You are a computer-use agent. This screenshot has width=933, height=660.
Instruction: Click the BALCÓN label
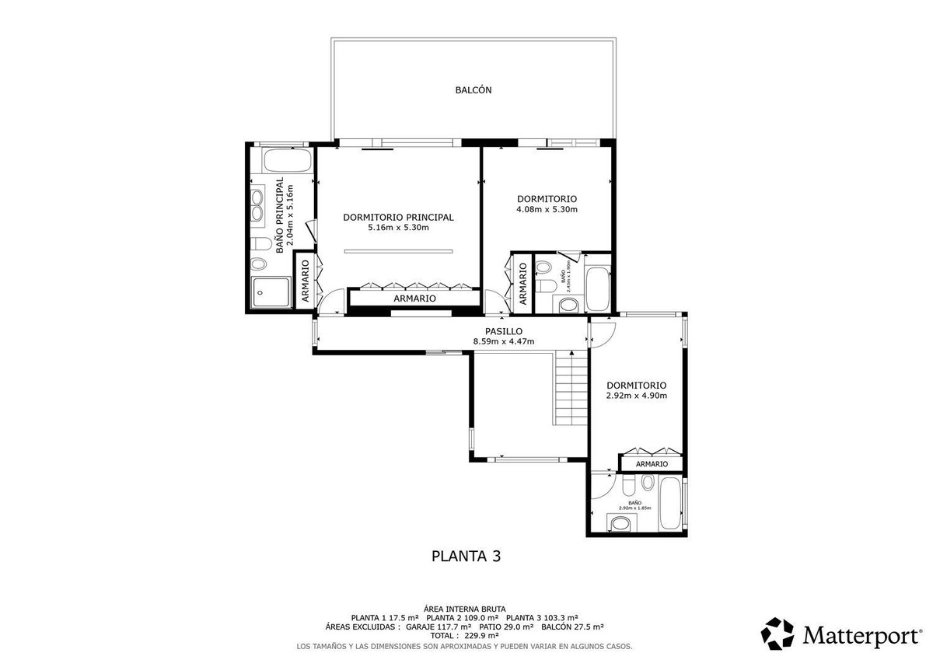click(x=473, y=90)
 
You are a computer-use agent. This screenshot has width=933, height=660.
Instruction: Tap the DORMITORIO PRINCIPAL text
click(x=398, y=218)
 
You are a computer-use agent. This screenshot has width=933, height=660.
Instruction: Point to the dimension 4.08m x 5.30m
click(x=547, y=209)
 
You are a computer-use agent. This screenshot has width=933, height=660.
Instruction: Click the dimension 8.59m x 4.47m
click(x=503, y=341)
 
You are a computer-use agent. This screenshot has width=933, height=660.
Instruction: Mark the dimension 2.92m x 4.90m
click(x=636, y=396)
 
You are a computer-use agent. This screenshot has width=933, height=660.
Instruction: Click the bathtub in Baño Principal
click(x=287, y=162)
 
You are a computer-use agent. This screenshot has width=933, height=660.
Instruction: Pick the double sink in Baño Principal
click(x=257, y=204)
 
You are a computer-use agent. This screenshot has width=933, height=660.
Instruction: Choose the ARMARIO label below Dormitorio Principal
click(x=414, y=299)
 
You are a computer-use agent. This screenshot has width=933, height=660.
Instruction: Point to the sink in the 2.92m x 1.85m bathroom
click(x=620, y=525)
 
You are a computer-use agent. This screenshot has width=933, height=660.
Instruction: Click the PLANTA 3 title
click(x=466, y=556)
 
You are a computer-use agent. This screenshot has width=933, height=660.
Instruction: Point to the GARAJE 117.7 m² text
click(x=439, y=626)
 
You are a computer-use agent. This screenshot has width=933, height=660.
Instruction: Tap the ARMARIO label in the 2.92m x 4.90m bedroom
click(x=652, y=464)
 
